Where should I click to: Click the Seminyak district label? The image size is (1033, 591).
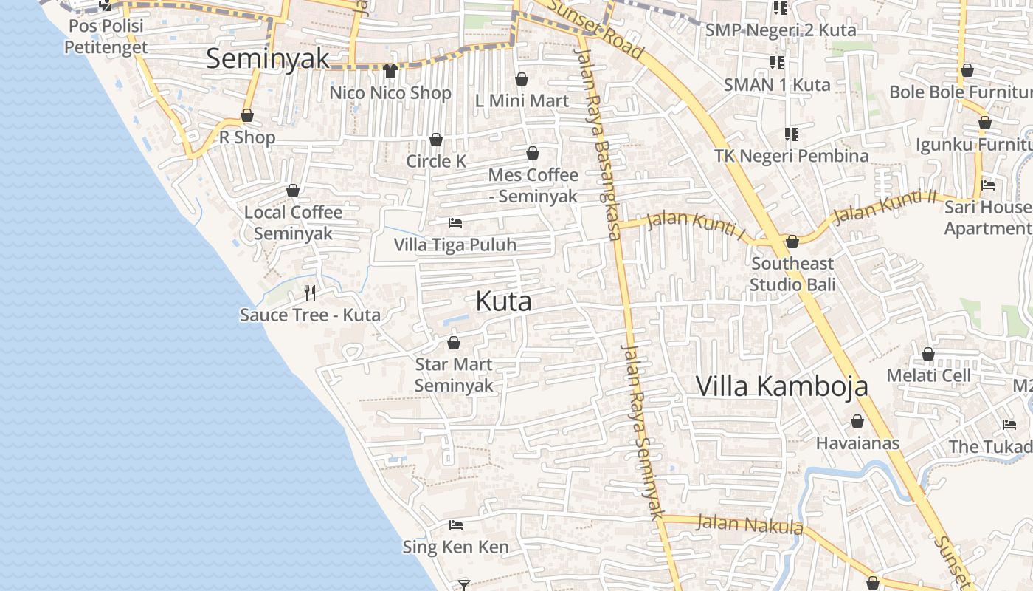click(267, 59)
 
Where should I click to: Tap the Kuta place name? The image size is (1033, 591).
click(503, 301)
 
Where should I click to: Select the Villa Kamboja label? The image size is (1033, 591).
click(782, 386)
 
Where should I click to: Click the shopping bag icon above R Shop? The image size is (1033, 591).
click(247, 116)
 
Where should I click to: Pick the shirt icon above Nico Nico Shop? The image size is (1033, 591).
click(390, 71)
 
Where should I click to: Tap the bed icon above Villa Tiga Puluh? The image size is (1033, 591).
click(455, 222)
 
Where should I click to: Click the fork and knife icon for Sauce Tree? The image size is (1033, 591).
click(310, 293)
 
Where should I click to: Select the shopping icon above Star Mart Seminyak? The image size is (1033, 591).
click(454, 343)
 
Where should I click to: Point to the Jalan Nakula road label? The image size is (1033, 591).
click(750, 525)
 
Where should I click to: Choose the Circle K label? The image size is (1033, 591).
click(436, 161)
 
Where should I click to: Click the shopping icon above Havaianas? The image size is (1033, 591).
click(857, 421)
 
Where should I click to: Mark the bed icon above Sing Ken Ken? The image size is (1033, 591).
click(456, 525)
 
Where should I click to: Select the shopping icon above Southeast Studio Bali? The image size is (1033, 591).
click(792, 242)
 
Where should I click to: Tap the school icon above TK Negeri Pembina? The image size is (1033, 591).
click(792, 134)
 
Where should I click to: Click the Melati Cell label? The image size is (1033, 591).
click(928, 375)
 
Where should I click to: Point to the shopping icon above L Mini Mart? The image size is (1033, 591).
click(522, 79)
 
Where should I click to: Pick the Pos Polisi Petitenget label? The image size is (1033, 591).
click(106, 37)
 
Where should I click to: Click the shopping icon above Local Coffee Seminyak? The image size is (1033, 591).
click(293, 191)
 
